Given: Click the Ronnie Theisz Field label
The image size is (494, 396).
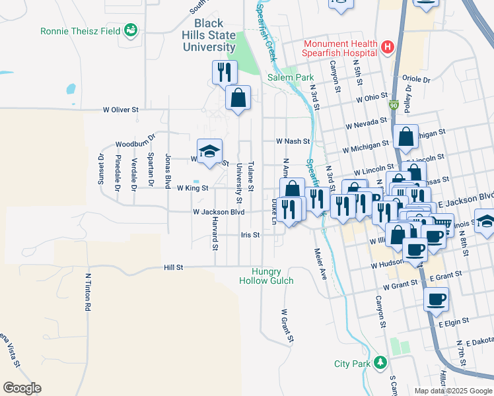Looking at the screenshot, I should [81, 30].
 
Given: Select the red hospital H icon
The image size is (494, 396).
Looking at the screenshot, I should [387, 48].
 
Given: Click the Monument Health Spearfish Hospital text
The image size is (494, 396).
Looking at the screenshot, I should [339, 48].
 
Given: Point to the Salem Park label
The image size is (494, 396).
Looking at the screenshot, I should [291, 77].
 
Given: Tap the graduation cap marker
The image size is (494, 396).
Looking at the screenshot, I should [209, 151].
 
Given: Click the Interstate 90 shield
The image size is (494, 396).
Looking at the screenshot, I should [394, 105].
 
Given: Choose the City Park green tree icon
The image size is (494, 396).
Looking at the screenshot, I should [380, 362].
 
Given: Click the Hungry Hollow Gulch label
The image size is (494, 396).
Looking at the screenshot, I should [266, 276].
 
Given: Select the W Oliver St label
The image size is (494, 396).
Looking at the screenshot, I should [120, 110].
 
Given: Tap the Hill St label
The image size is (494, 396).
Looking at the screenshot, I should [173, 267].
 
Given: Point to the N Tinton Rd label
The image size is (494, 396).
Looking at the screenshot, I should [87, 292].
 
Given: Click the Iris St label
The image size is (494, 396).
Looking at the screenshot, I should [250, 234].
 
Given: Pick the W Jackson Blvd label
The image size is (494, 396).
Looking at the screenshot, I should [219, 212].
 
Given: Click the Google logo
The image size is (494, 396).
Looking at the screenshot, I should [22, 388].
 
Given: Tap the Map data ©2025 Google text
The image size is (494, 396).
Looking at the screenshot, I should [452, 391].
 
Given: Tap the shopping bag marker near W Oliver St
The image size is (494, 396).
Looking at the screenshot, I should [238, 98].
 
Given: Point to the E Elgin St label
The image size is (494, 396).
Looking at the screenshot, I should [453, 321].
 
